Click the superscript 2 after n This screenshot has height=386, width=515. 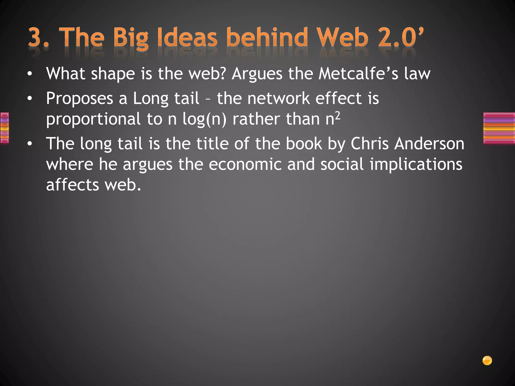coord(337,115)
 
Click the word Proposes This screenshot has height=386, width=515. coord(79,99)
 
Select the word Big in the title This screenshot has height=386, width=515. coord(131,38)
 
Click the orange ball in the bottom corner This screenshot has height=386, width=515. coord(487,361)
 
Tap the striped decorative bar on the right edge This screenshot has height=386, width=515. coord(499,128)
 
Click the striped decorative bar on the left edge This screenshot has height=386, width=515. coord(5,128)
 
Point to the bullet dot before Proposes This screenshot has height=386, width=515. coord(30,99)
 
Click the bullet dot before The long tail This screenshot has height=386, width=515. coord(30,144)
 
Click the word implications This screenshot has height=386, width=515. coord(416,165)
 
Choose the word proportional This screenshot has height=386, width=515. coord(93,120)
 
